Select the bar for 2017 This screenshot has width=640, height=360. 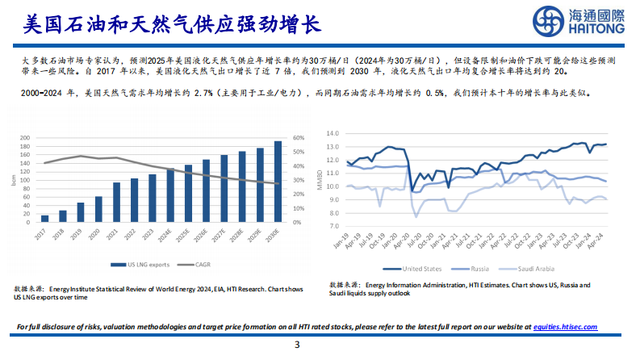pyautogui.click(x=44, y=218)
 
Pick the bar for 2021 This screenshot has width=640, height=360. pyautogui.click(x=116, y=202)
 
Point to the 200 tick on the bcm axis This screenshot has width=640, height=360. pyautogui.click(x=23, y=138)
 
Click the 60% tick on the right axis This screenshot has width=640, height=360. pyautogui.click(x=298, y=138)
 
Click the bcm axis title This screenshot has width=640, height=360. pyautogui.click(x=13, y=179)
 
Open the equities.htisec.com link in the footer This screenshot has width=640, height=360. pyautogui.click(x=565, y=327)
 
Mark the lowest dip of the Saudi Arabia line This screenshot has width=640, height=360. pyautogui.click(x=416, y=216)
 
